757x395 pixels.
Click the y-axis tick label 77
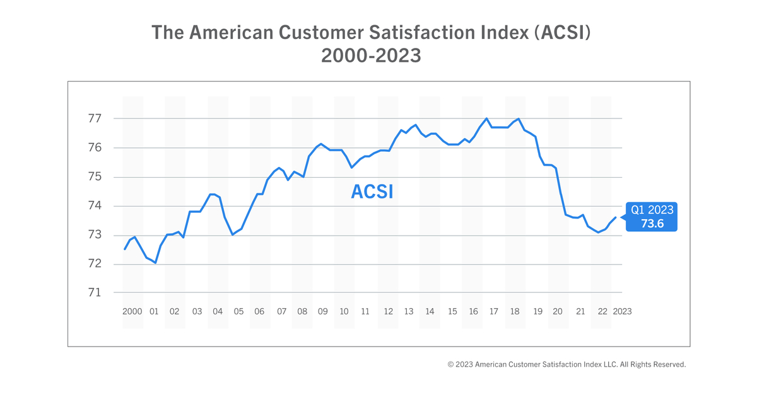click(x=95, y=118)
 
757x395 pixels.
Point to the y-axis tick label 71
click(x=95, y=293)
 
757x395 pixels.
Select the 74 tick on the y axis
click(x=95, y=206)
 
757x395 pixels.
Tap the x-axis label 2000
click(x=132, y=312)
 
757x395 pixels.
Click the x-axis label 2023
click(x=622, y=312)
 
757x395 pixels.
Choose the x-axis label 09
click(x=323, y=312)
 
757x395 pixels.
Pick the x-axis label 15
click(x=452, y=312)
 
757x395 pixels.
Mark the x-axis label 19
click(x=537, y=312)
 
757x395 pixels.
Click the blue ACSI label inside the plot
click(x=372, y=192)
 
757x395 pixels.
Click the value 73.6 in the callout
click(x=652, y=224)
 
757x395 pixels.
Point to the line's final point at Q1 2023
click(x=616, y=217)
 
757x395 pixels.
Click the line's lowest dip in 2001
click(x=155, y=263)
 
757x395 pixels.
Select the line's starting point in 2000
click(x=124, y=249)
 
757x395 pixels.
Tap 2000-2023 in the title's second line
click(x=371, y=55)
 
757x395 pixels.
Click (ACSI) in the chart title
click(x=560, y=33)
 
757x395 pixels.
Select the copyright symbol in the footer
click(x=451, y=365)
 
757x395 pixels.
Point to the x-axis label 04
click(x=218, y=312)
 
